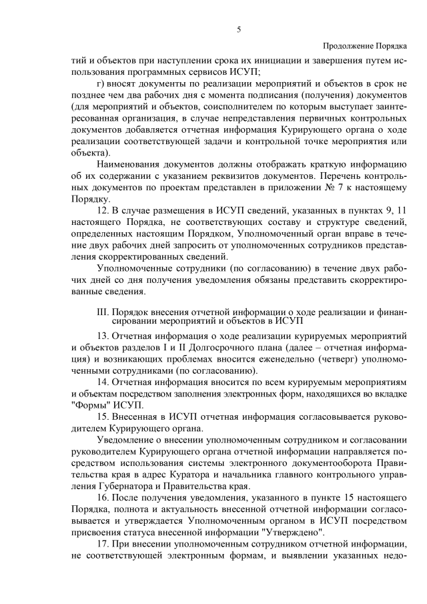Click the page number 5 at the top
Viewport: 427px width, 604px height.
(x=238, y=29)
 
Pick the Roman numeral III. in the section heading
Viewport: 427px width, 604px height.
(x=103, y=311)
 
